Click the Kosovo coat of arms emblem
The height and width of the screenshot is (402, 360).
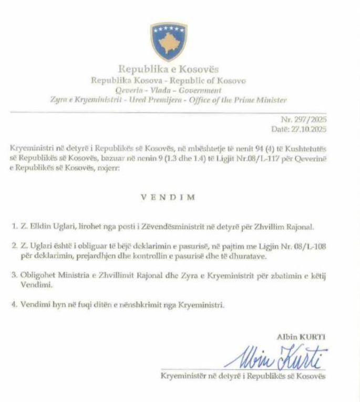point(169,41)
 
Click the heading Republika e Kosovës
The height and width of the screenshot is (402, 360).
point(168,69)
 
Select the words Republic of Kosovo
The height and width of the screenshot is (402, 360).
point(215,81)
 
